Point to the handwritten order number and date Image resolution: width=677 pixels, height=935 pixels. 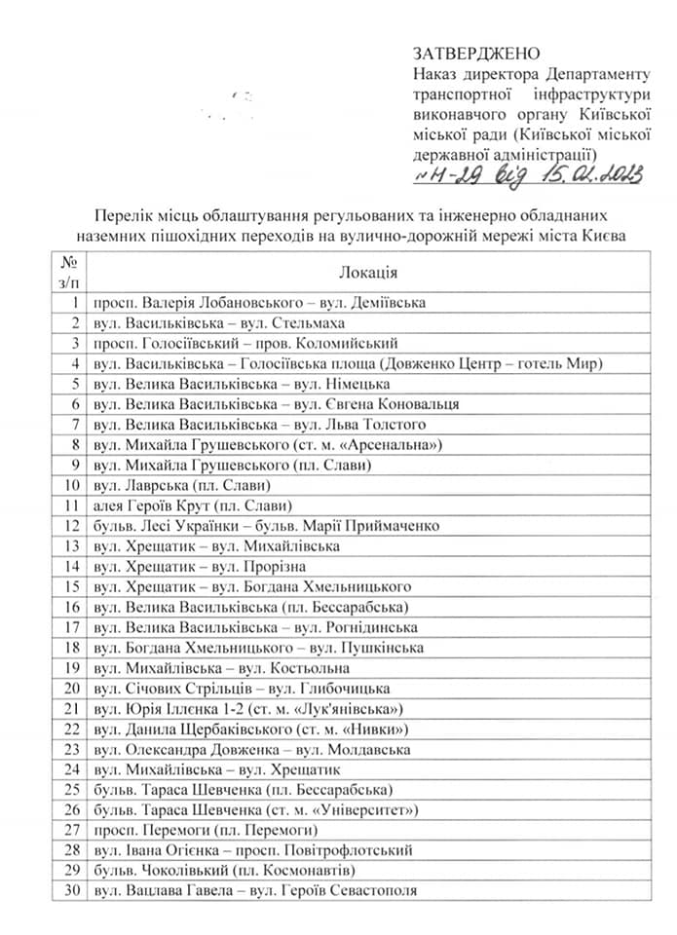pos(528,175)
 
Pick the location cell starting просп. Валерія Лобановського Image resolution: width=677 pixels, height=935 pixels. pos(259,303)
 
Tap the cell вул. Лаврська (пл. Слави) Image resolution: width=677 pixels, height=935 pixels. pos(180,485)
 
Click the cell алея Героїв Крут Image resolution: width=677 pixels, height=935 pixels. pos(193,505)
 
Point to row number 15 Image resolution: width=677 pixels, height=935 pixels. pos(70,587)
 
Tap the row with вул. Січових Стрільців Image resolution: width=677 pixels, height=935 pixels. pos(243,689)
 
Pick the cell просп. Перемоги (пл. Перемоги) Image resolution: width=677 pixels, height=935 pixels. pos(206,831)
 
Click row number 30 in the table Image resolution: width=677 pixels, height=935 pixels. pos(70,891)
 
